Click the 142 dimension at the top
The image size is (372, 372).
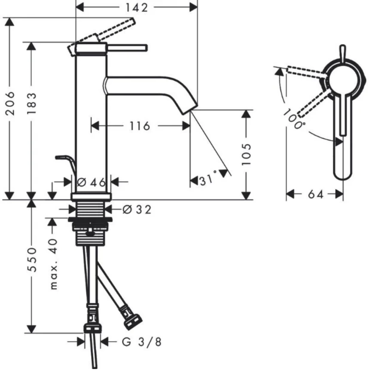pos(137,7)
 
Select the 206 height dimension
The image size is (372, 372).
pos(12,103)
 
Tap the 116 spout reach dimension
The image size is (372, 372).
pos(140,126)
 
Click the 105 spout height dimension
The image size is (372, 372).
pos(246,154)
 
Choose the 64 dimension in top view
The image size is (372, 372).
pos(315,195)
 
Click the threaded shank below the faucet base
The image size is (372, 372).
pos(91,210)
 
